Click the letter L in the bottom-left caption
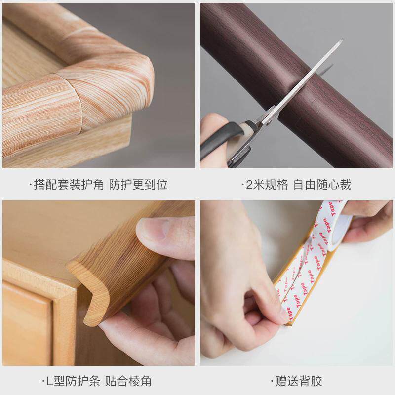(x=48, y=381)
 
